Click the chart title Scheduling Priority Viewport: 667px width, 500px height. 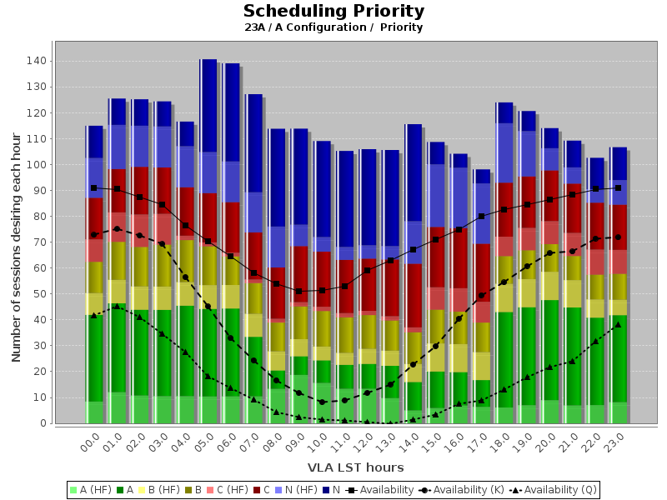tap(333, 12)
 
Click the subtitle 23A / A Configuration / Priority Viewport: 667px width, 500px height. tap(333, 27)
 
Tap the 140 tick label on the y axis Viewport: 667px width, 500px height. tap(36, 61)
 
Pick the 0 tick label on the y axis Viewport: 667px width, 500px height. tap(43, 423)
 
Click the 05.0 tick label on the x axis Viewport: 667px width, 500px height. tap(203, 442)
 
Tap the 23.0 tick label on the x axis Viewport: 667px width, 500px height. tap(615, 442)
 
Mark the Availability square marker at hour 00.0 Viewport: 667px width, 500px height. tap(94, 187)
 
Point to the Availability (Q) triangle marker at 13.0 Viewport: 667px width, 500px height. tap(389, 423)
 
